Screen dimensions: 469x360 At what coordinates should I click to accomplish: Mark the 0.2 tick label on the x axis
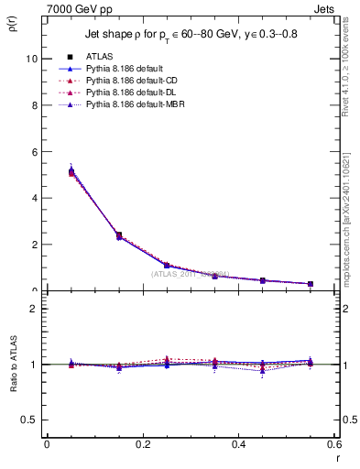tap(142, 444)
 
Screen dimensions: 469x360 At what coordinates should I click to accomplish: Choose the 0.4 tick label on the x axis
tap(238, 444)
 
